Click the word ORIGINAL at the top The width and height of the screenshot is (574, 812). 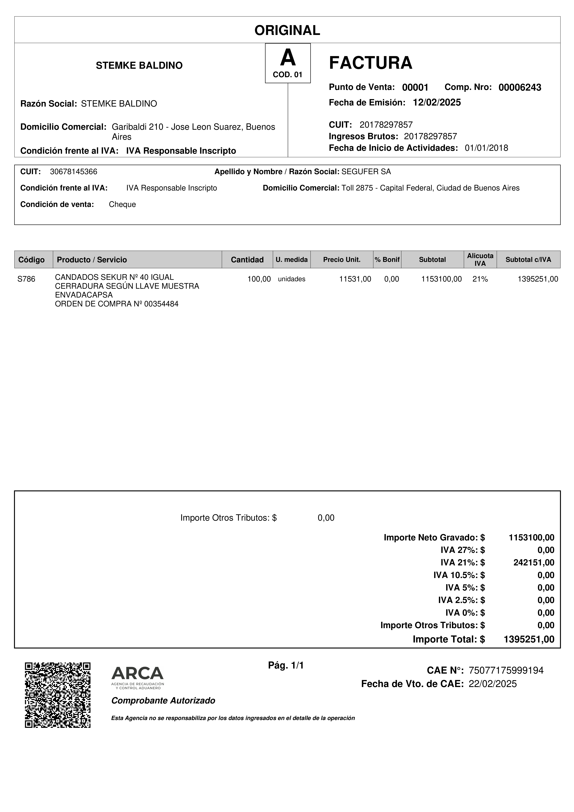(287, 30)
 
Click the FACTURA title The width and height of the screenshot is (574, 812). (370, 63)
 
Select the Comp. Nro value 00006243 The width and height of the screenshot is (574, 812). (519, 87)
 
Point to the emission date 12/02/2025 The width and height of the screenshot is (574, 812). (437, 103)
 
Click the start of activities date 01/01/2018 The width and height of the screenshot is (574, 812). (486, 148)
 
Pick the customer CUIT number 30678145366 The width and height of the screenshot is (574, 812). (74, 172)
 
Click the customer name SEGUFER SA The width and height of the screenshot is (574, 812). (366, 172)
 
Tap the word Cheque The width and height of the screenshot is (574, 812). (122, 204)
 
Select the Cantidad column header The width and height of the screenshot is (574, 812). (247, 260)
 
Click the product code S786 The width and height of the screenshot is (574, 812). (27, 279)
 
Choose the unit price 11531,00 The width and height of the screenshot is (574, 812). (355, 279)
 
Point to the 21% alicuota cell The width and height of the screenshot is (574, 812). (480, 279)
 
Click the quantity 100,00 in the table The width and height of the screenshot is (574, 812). (259, 279)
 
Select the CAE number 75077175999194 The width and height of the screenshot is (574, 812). (506, 670)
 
